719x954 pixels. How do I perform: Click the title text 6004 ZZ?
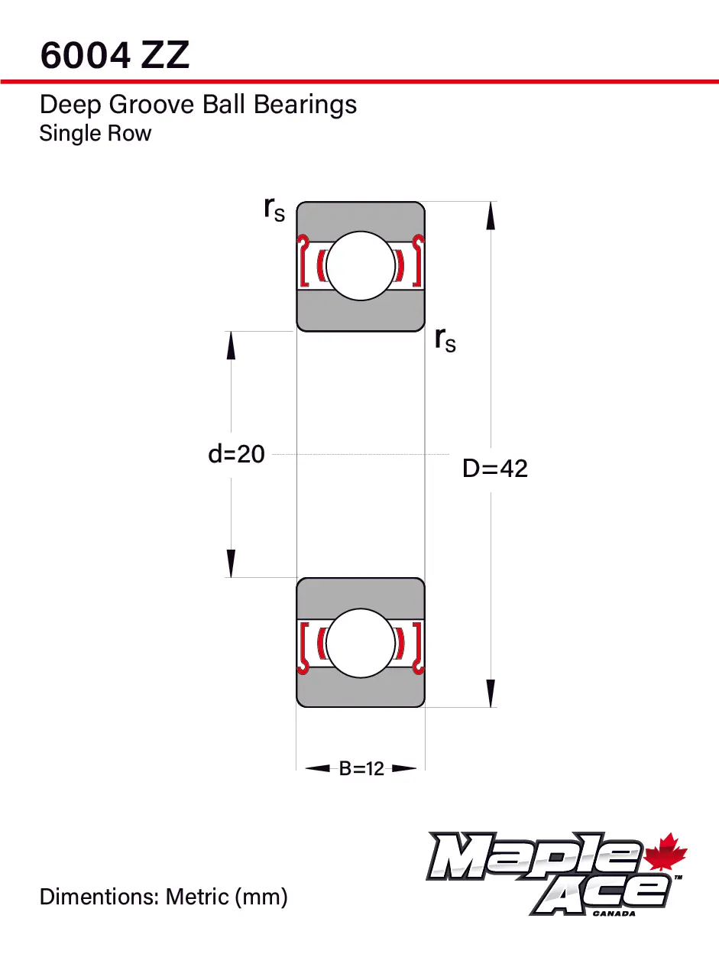point(115,55)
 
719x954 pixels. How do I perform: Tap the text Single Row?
point(96,134)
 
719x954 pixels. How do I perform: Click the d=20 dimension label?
point(236,454)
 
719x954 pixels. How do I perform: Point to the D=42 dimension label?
point(495,468)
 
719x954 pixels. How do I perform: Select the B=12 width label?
point(361,769)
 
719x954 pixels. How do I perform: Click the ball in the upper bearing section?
point(361,266)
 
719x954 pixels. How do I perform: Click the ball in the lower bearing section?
point(361,643)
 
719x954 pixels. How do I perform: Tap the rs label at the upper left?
point(274,208)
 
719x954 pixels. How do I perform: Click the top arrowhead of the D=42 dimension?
point(491,216)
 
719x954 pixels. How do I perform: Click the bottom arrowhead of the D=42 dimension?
point(491,693)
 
